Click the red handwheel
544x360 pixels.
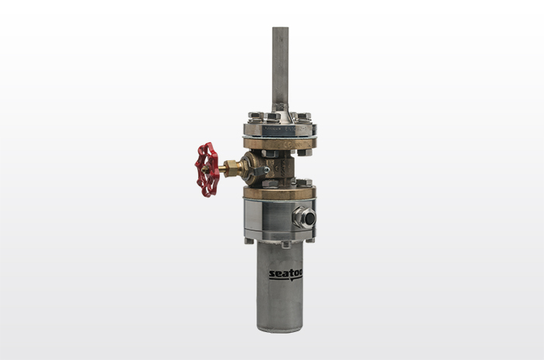pyautogui.click(x=207, y=169)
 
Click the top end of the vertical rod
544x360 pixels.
pyautogui.click(x=280, y=30)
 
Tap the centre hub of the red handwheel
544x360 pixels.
pyautogui.click(x=206, y=169)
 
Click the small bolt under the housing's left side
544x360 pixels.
pyautogui.click(x=249, y=240)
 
